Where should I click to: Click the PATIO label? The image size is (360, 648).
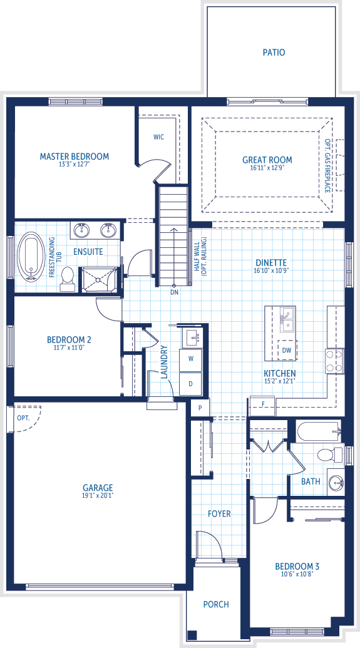pyautogui.click(x=274, y=53)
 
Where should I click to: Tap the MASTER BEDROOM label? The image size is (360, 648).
pyautogui.click(x=75, y=157)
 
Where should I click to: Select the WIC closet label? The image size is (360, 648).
pyautogui.click(x=159, y=137)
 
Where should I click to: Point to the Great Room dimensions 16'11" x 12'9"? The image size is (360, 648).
pyautogui.click(x=267, y=168)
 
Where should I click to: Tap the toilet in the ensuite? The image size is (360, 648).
pyautogui.click(x=67, y=278)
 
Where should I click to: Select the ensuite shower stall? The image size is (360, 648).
pyautogui.click(x=98, y=279)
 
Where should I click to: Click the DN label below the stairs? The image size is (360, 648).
pyautogui.click(x=175, y=292)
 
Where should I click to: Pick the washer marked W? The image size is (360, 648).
pyautogui.click(x=190, y=359)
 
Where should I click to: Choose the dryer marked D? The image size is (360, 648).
pyautogui.click(x=190, y=384)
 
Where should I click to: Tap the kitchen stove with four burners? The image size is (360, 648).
pyautogui.click(x=335, y=361)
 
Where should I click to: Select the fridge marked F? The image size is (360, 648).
pyautogui.click(x=263, y=406)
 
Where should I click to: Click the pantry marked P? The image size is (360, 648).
pyautogui.click(x=200, y=408)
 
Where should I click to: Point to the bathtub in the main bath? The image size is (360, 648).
pyautogui.click(x=319, y=431)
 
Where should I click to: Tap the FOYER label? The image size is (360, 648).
pyautogui.click(x=219, y=513)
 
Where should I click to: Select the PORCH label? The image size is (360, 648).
pyautogui.click(x=216, y=604)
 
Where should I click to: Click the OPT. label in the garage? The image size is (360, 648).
pyautogui.click(x=24, y=418)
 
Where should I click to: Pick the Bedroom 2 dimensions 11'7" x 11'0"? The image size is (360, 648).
pyautogui.click(x=69, y=347)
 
